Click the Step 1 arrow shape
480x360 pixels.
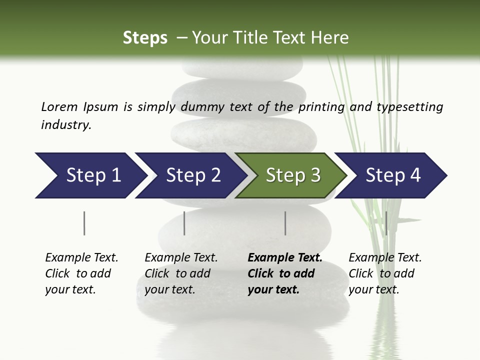pos(90,175)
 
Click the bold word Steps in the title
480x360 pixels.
pos(145,37)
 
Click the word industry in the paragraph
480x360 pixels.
pos(66,124)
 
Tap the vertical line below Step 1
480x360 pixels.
pos(84,223)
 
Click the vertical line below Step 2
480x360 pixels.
pos(184,223)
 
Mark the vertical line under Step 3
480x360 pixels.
pos(285,223)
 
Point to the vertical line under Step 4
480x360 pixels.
pos(386,223)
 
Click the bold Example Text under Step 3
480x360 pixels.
pos(285,258)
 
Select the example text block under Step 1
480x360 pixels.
pos(81,273)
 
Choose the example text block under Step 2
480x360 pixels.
pos(181,273)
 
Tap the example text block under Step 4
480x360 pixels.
pos(385,273)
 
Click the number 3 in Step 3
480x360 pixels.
pos(314,175)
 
